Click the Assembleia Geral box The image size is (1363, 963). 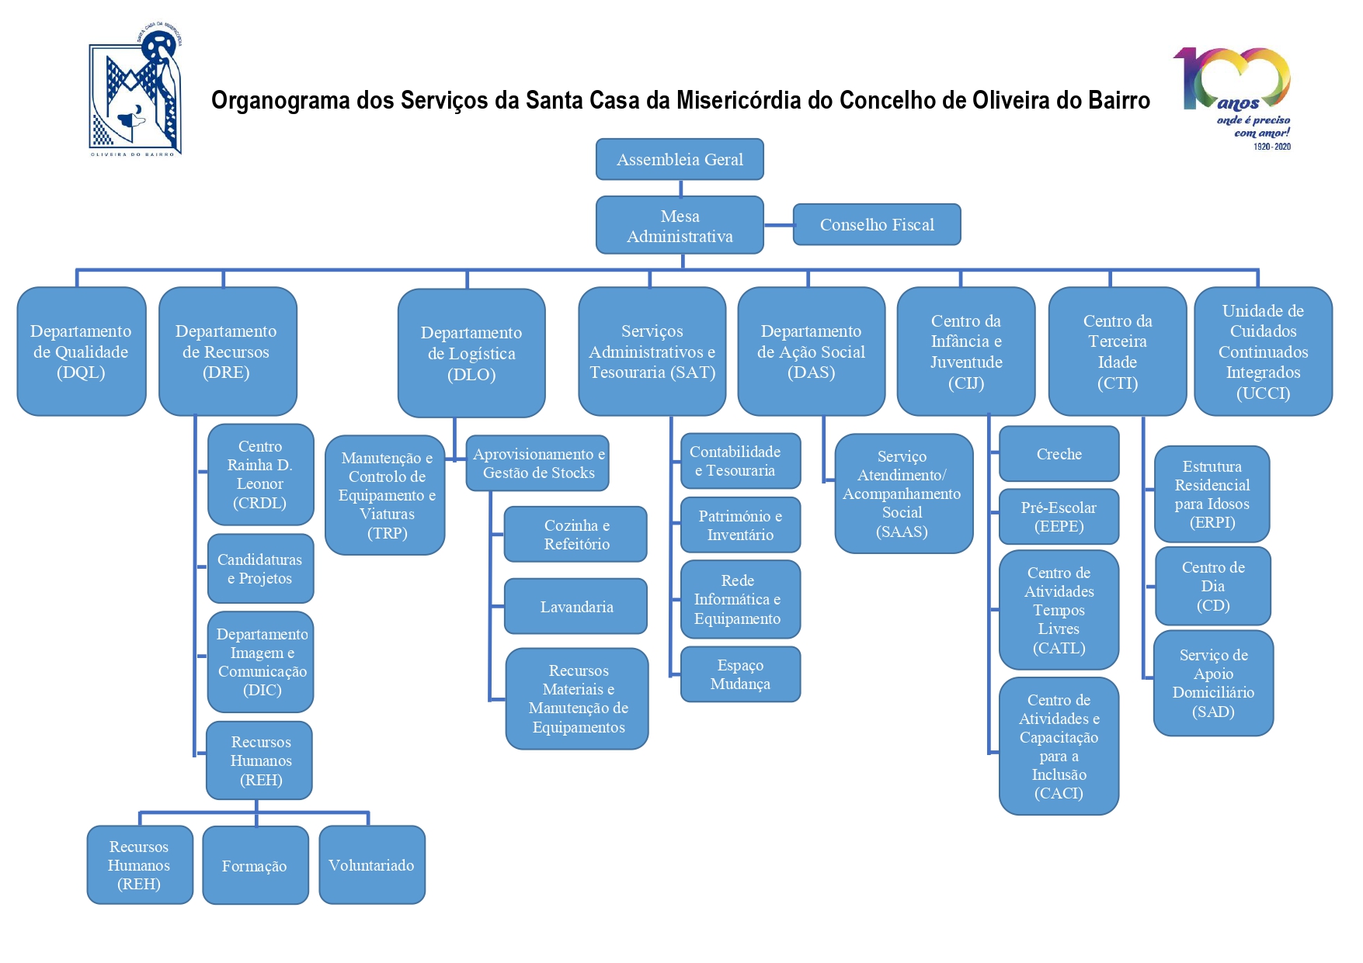click(x=680, y=159)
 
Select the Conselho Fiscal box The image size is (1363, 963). click(x=877, y=224)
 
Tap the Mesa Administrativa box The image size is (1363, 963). click(x=680, y=225)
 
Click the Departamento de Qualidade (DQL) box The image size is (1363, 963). click(x=82, y=352)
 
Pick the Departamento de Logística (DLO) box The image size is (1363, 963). click(x=471, y=353)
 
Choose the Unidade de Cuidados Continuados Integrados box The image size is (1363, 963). click(x=1263, y=352)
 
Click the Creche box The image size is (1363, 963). click(x=1059, y=454)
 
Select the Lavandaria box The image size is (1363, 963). click(x=576, y=606)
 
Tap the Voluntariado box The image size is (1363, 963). click(x=372, y=864)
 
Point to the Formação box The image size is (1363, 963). click(x=255, y=865)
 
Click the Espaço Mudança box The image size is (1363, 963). click(x=740, y=674)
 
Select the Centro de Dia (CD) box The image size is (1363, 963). click(x=1213, y=586)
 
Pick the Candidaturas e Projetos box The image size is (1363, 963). click(x=260, y=569)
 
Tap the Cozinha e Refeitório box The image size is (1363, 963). click(x=576, y=535)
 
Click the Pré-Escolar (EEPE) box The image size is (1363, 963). click(x=1059, y=517)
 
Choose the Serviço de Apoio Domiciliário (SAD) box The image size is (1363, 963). click(x=1213, y=683)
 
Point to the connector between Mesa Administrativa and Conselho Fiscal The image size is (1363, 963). click(x=778, y=225)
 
